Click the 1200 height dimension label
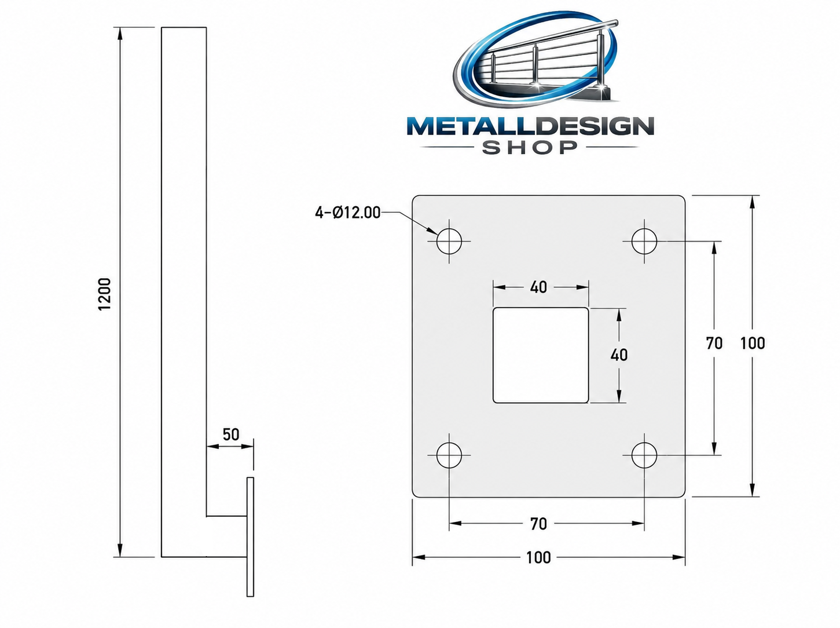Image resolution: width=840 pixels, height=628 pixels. point(104,294)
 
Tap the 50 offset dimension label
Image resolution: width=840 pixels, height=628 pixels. point(231,435)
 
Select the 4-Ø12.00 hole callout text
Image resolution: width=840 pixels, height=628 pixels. point(347,213)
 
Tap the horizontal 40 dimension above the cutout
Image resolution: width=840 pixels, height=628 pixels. point(538,287)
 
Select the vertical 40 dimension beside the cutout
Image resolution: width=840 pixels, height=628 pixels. point(619,355)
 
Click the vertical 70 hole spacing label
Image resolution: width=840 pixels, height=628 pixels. point(714,344)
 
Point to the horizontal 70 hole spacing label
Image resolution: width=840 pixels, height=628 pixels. point(538,524)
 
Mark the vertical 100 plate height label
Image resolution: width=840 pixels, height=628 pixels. point(753,344)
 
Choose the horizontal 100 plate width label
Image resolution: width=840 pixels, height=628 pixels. point(538,557)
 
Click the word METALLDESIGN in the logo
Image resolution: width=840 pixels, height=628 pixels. point(530,127)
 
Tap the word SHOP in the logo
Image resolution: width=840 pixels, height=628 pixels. point(530,147)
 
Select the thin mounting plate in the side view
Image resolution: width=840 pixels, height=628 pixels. point(250,537)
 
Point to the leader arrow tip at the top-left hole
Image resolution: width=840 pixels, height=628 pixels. point(438,234)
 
